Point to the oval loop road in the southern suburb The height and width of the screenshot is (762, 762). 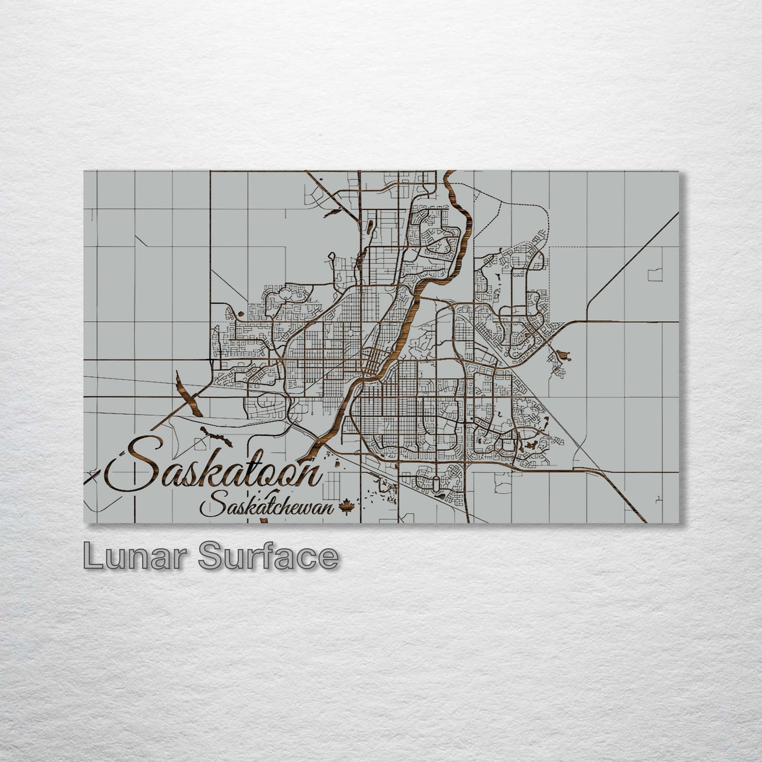coord(436,484)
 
